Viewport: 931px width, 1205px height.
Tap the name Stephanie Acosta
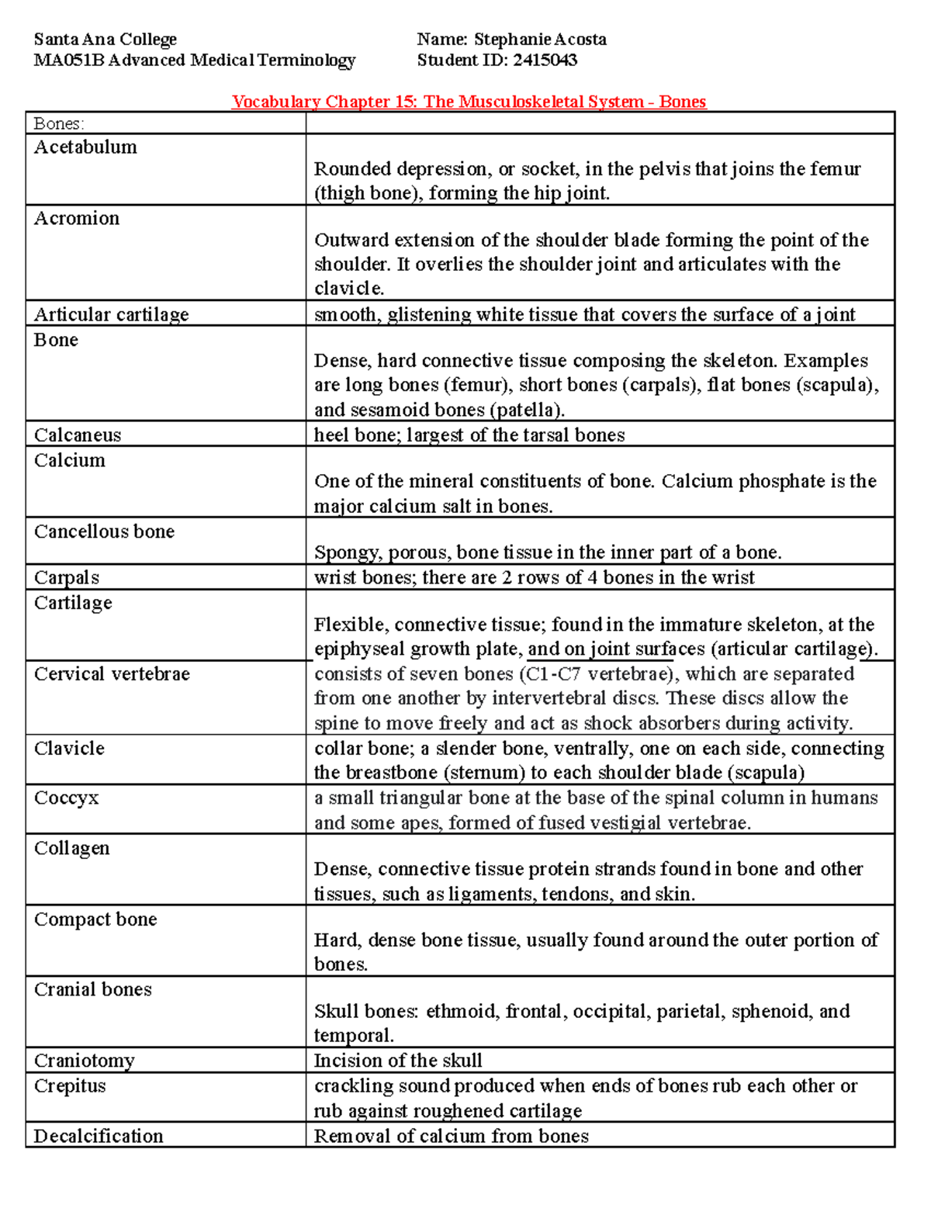(540, 40)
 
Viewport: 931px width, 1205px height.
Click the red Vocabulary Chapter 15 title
(469, 102)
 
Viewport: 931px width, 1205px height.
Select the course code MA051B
(68, 61)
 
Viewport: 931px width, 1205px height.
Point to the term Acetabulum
(85, 147)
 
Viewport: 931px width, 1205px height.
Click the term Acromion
(77, 219)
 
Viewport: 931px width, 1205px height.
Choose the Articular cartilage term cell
(112, 314)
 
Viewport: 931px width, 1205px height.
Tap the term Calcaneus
(78, 435)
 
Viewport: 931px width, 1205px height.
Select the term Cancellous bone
(104, 532)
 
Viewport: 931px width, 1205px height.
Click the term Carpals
(67, 578)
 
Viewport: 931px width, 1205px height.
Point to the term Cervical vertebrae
(112, 674)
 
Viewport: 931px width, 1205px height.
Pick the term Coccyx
(67, 798)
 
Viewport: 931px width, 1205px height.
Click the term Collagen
(72, 848)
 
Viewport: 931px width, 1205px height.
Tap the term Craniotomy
(85, 1061)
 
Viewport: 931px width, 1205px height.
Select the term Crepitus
(70, 1086)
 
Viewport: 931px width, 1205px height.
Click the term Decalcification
(99, 1137)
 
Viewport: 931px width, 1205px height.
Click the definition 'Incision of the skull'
(398, 1061)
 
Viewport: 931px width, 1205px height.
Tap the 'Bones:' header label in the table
(59, 124)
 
